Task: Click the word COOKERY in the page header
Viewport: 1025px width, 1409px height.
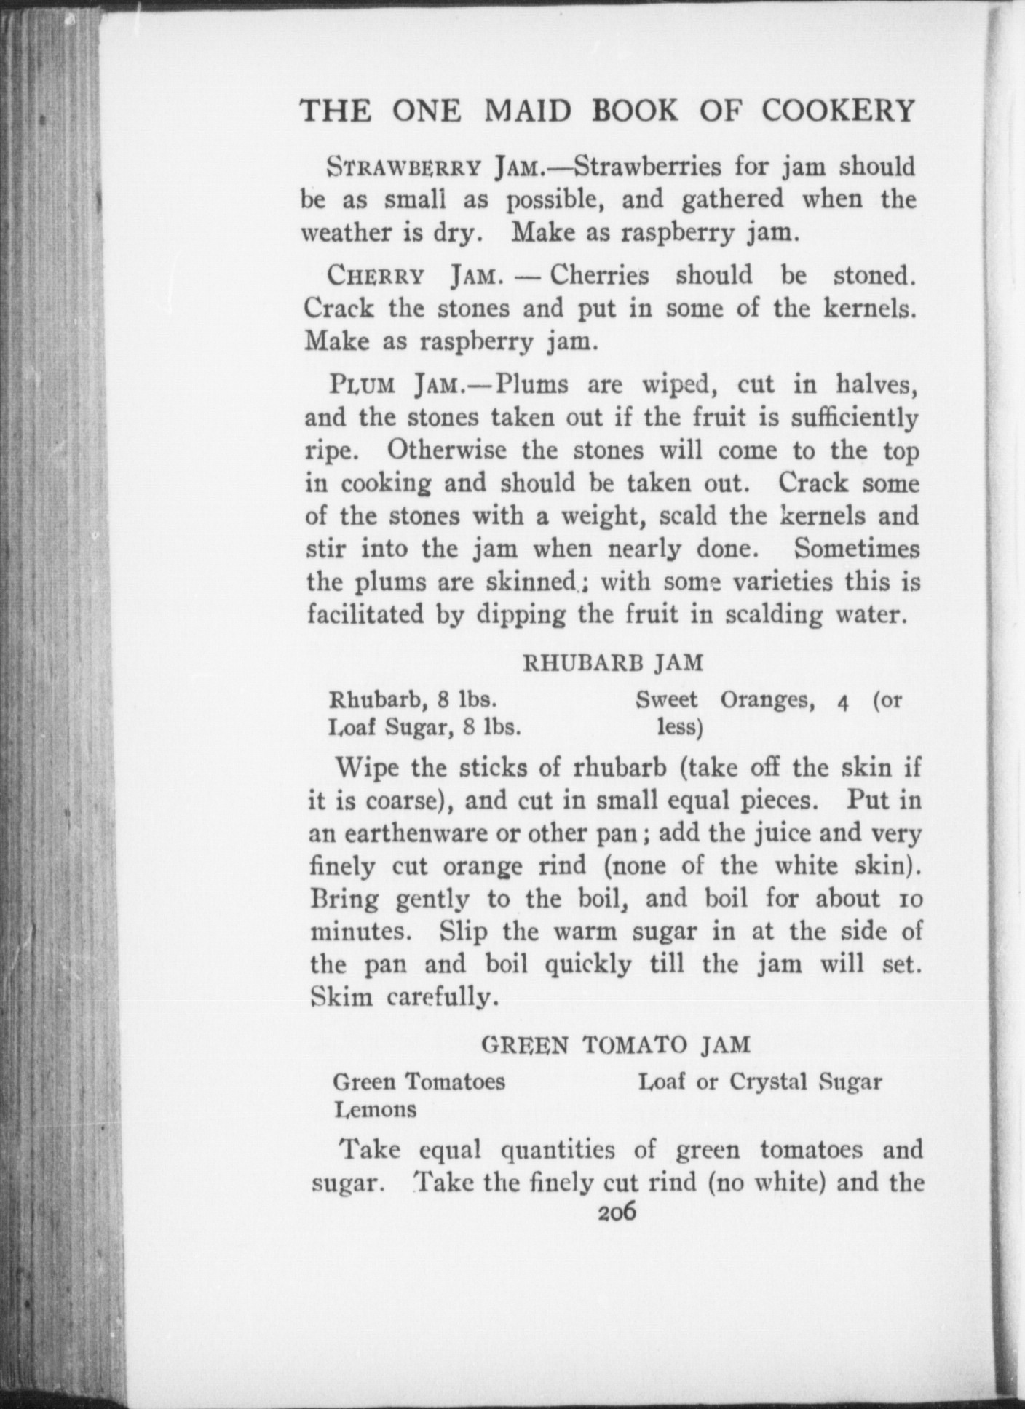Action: tap(838, 111)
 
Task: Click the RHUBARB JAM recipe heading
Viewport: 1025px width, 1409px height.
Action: tap(614, 663)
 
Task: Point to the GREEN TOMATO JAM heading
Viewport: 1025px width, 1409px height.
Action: tap(615, 1045)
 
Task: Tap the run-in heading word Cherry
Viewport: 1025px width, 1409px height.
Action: tap(376, 276)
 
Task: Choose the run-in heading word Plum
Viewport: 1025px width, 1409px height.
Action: tap(362, 385)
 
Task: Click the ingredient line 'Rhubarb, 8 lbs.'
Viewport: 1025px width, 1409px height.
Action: tap(413, 700)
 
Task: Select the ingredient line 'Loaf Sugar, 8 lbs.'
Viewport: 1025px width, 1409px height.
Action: tap(424, 727)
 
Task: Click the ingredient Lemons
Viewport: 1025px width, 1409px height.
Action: tap(375, 1109)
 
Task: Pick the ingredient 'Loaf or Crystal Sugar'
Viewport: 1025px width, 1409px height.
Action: tap(759, 1082)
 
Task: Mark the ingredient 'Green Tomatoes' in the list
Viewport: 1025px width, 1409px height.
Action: tap(419, 1082)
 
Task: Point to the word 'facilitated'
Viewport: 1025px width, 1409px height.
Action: tap(365, 615)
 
